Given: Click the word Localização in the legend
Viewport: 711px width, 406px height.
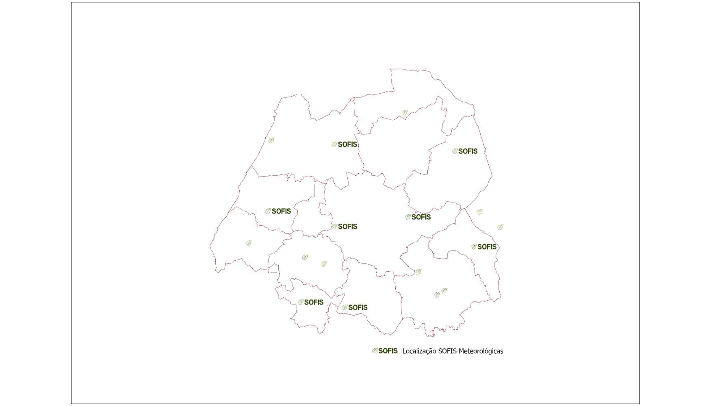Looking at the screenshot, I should click(x=419, y=351).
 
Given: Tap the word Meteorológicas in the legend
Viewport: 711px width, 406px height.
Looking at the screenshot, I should click(x=481, y=351).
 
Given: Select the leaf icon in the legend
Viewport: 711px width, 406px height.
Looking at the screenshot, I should click(x=375, y=351).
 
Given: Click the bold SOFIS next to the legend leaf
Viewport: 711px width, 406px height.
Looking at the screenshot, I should click(x=388, y=351).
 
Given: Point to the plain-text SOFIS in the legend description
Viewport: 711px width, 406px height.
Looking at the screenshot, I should click(x=447, y=351).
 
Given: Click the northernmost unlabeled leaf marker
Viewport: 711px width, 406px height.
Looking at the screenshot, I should click(x=405, y=113).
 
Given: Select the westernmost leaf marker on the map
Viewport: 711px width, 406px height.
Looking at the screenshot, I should click(x=249, y=243).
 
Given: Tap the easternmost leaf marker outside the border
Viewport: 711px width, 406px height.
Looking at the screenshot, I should click(x=501, y=227).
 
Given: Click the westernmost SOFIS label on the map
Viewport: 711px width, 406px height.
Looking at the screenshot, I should click(x=281, y=211).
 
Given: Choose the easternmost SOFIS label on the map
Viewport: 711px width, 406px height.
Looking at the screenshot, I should click(x=487, y=247).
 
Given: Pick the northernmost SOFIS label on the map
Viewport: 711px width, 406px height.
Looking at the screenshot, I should click(x=347, y=145).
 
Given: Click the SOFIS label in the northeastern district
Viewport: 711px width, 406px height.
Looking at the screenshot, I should click(x=468, y=151).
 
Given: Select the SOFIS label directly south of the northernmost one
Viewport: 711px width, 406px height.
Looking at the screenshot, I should click(x=347, y=227).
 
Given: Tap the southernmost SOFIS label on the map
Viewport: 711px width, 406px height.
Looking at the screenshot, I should click(x=358, y=308).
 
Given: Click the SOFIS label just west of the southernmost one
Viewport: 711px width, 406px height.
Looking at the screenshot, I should click(x=314, y=302).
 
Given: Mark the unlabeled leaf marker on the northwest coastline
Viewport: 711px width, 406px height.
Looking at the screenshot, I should click(x=271, y=140).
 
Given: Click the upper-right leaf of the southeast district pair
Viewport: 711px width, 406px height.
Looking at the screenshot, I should click(x=444, y=290).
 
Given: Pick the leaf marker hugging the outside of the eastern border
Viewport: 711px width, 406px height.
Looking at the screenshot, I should click(x=480, y=212).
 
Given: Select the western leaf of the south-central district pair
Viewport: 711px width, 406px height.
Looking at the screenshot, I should click(x=305, y=257).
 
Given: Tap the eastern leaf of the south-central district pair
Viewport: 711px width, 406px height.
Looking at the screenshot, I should click(x=324, y=264).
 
